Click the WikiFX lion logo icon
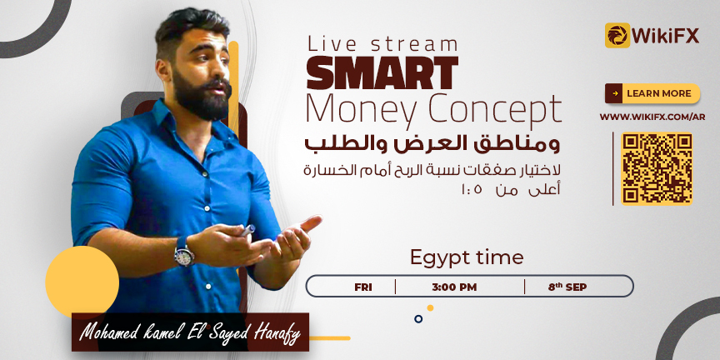617,35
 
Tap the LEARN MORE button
652,93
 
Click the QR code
657,168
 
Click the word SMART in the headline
382,73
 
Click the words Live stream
383,44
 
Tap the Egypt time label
467,258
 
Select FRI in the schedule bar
363,287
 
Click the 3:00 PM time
454,287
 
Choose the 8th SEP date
567,287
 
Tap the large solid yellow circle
82,282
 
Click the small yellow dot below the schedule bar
430,307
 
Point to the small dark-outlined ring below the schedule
418,318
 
